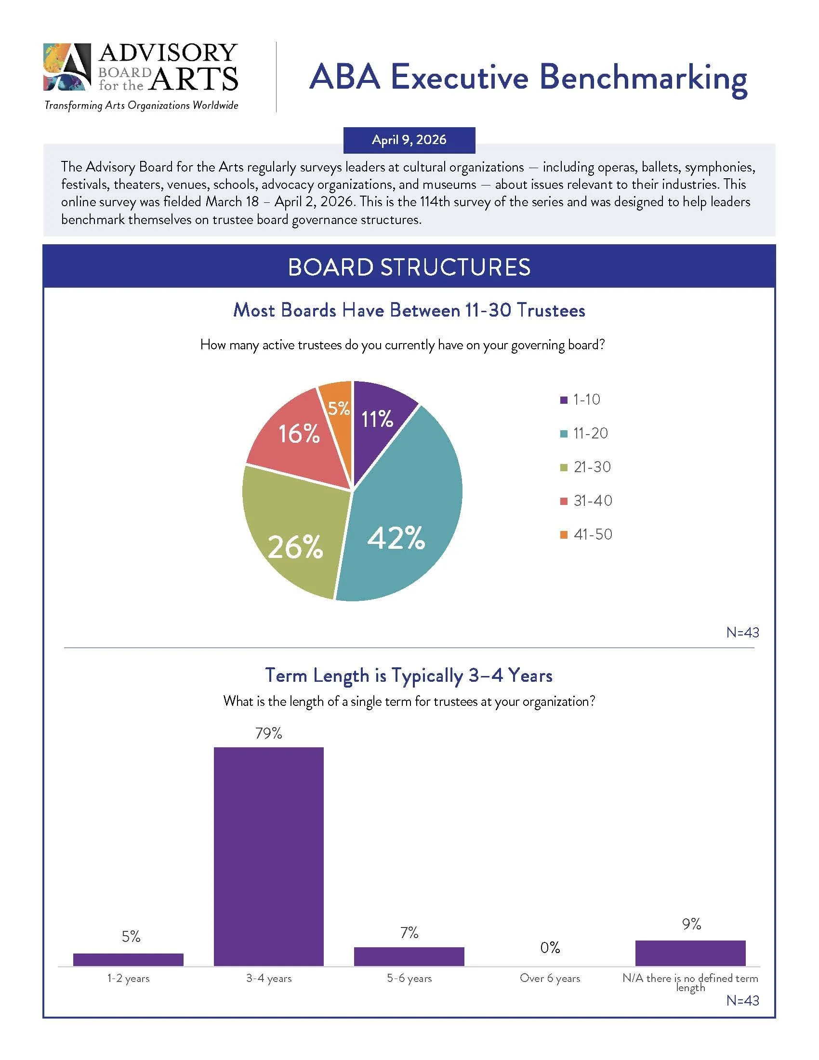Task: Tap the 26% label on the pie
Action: point(295,547)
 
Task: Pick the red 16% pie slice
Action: point(291,437)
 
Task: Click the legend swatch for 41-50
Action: point(564,535)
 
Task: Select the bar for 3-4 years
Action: point(269,856)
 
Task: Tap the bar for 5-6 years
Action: point(409,956)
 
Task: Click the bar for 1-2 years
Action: point(128,959)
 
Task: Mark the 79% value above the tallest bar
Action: point(269,733)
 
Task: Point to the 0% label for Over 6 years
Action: point(550,947)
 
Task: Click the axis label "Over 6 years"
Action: point(550,979)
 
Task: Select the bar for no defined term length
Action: point(690,953)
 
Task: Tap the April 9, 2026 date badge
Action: point(409,140)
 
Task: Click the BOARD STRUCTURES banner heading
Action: point(409,267)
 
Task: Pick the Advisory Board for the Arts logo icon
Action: point(67,67)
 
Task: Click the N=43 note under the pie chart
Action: point(742,633)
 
